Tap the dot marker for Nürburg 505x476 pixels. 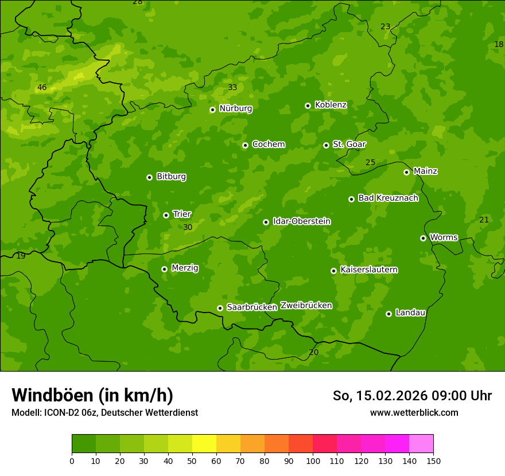tap(212, 110)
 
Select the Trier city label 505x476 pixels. tap(182, 214)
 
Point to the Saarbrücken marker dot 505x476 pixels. tap(220, 308)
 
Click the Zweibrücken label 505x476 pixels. tap(306, 305)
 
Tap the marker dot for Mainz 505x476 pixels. tap(406, 172)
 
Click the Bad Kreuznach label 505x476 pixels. tap(388, 198)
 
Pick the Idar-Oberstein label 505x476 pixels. tap(301, 221)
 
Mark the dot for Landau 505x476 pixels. tap(389, 314)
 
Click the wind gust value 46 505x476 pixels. tap(42, 88)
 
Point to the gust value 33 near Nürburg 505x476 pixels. tap(232, 87)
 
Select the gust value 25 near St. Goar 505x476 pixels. tap(371, 162)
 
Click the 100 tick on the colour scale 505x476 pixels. tap(313, 461)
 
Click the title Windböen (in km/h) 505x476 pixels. tap(92, 395)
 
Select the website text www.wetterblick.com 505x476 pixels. tap(414, 412)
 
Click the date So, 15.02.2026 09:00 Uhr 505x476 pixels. tap(412, 396)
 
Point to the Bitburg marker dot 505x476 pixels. tap(149, 177)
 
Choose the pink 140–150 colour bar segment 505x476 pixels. tap(421, 444)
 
